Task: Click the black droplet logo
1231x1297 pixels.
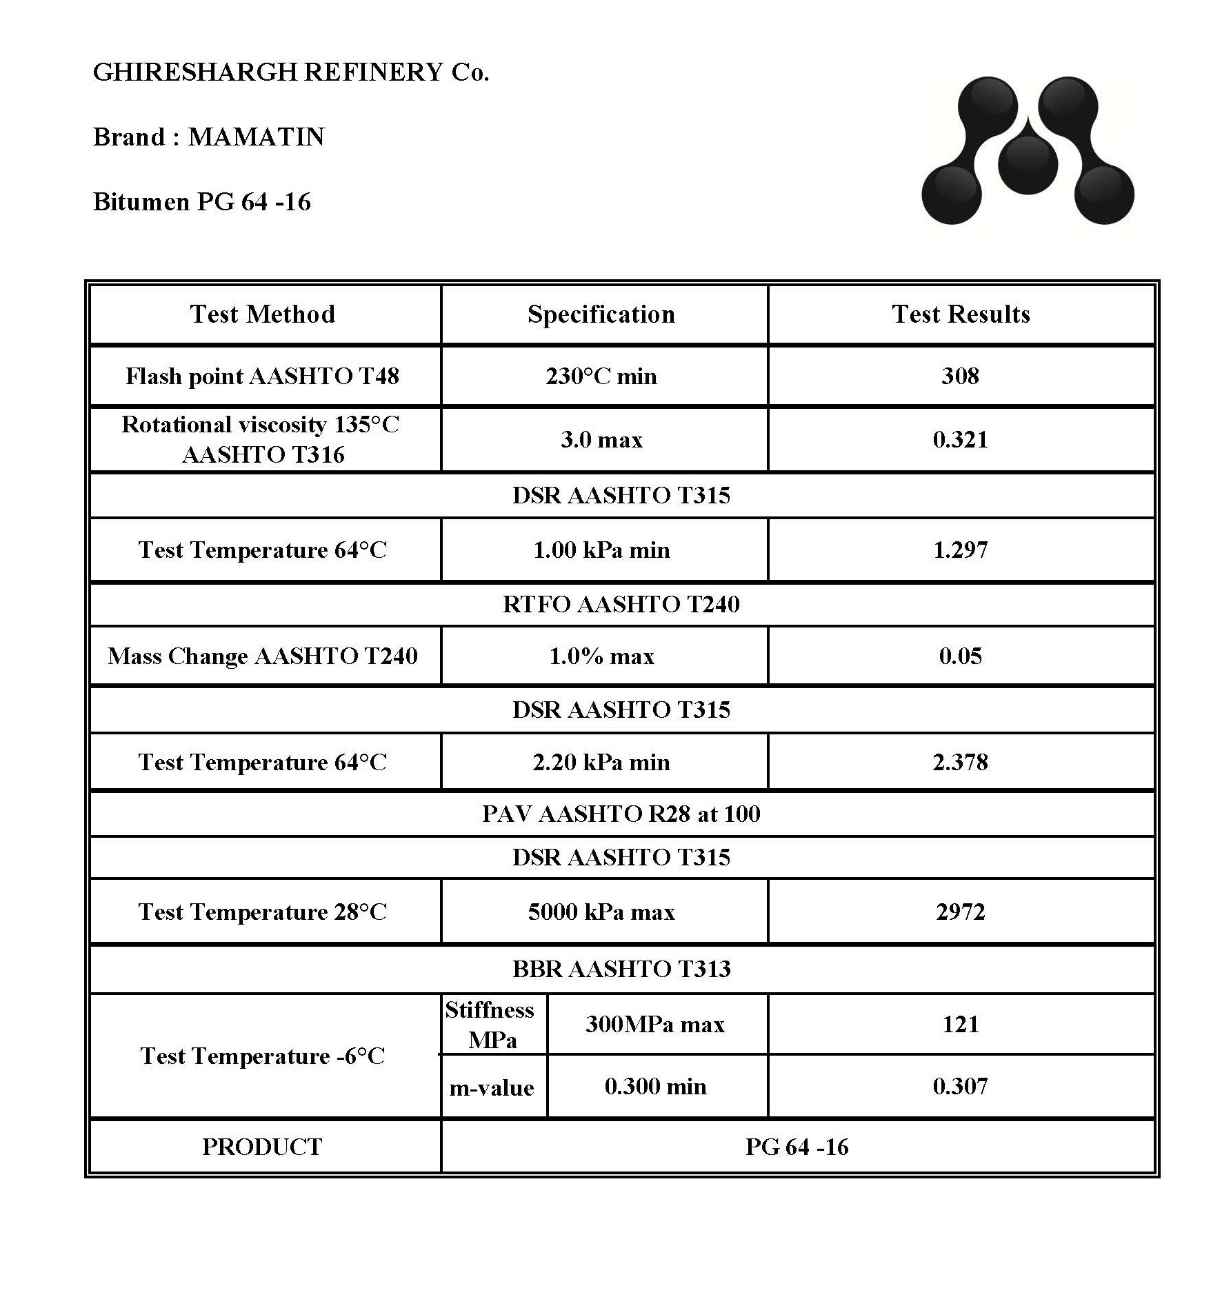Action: [1027, 151]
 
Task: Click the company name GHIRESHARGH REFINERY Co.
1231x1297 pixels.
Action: [290, 72]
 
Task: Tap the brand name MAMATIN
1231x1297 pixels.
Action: [256, 137]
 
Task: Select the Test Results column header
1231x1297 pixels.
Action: [961, 314]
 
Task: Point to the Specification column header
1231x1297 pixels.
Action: [601, 314]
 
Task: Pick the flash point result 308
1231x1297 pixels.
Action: [961, 376]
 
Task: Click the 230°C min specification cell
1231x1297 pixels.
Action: [601, 376]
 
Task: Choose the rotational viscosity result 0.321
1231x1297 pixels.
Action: [961, 439]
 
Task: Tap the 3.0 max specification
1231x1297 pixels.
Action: [601, 439]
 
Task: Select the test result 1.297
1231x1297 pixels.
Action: [961, 550]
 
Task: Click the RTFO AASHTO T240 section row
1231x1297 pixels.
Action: [621, 604]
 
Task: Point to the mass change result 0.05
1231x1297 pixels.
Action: [961, 656]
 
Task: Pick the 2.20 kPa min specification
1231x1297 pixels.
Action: [601, 762]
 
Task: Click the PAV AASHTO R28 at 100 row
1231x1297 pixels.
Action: [621, 814]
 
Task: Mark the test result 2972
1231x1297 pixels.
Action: [961, 912]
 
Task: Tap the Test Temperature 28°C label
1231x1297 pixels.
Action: [263, 912]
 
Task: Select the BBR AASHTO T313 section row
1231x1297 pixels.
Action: [621, 969]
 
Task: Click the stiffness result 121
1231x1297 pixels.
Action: [961, 1024]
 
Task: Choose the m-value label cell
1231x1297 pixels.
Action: [492, 1087]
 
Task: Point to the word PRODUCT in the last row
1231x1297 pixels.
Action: [262, 1147]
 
